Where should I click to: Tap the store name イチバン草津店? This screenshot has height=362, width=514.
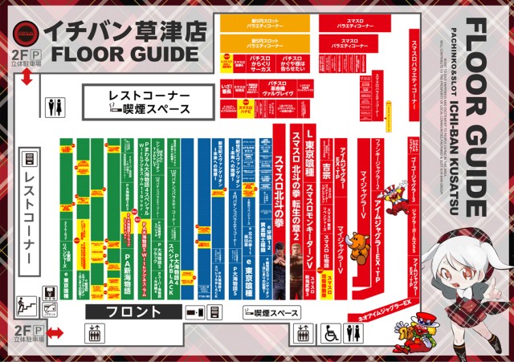point(124,31)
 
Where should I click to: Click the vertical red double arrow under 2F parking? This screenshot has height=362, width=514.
point(27,77)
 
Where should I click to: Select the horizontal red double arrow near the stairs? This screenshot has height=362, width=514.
point(55,333)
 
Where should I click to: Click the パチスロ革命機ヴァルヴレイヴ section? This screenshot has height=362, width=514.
point(278,88)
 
